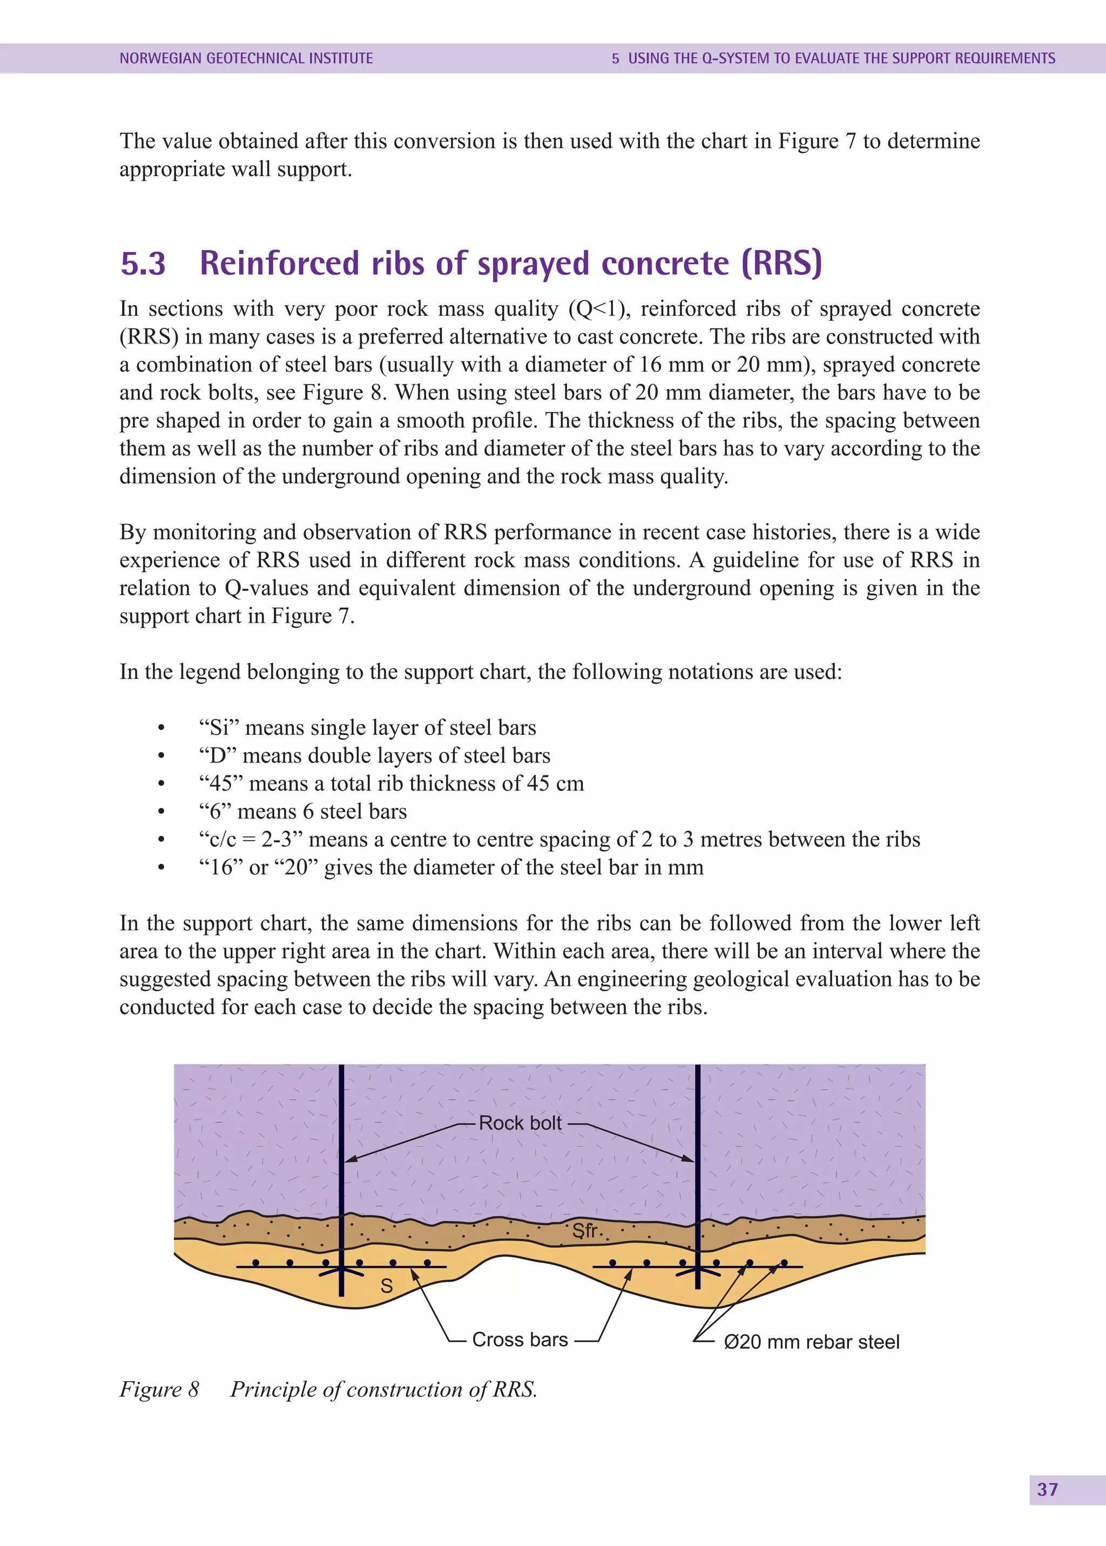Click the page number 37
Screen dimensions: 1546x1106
coord(1048,1489)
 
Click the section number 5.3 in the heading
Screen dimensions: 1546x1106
coord(143,264)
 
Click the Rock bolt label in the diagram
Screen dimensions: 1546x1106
coord(520,1123)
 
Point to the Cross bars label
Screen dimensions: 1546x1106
coord(520,1340)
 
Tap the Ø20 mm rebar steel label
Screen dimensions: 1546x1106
coord(811,1342)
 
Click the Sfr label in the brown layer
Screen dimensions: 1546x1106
coord(584,1231)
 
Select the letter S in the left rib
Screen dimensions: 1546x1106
coord(386,1286)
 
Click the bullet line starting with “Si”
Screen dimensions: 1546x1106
coord(368,727)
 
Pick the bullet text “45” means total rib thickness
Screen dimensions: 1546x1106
coord(392,783)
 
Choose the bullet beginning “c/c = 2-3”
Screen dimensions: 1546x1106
coord(558,839)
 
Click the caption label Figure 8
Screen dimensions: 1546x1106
coord(159,1389)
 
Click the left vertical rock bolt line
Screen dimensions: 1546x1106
coord(341,1124)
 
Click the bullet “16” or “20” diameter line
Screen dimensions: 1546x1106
coord(451,867)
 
